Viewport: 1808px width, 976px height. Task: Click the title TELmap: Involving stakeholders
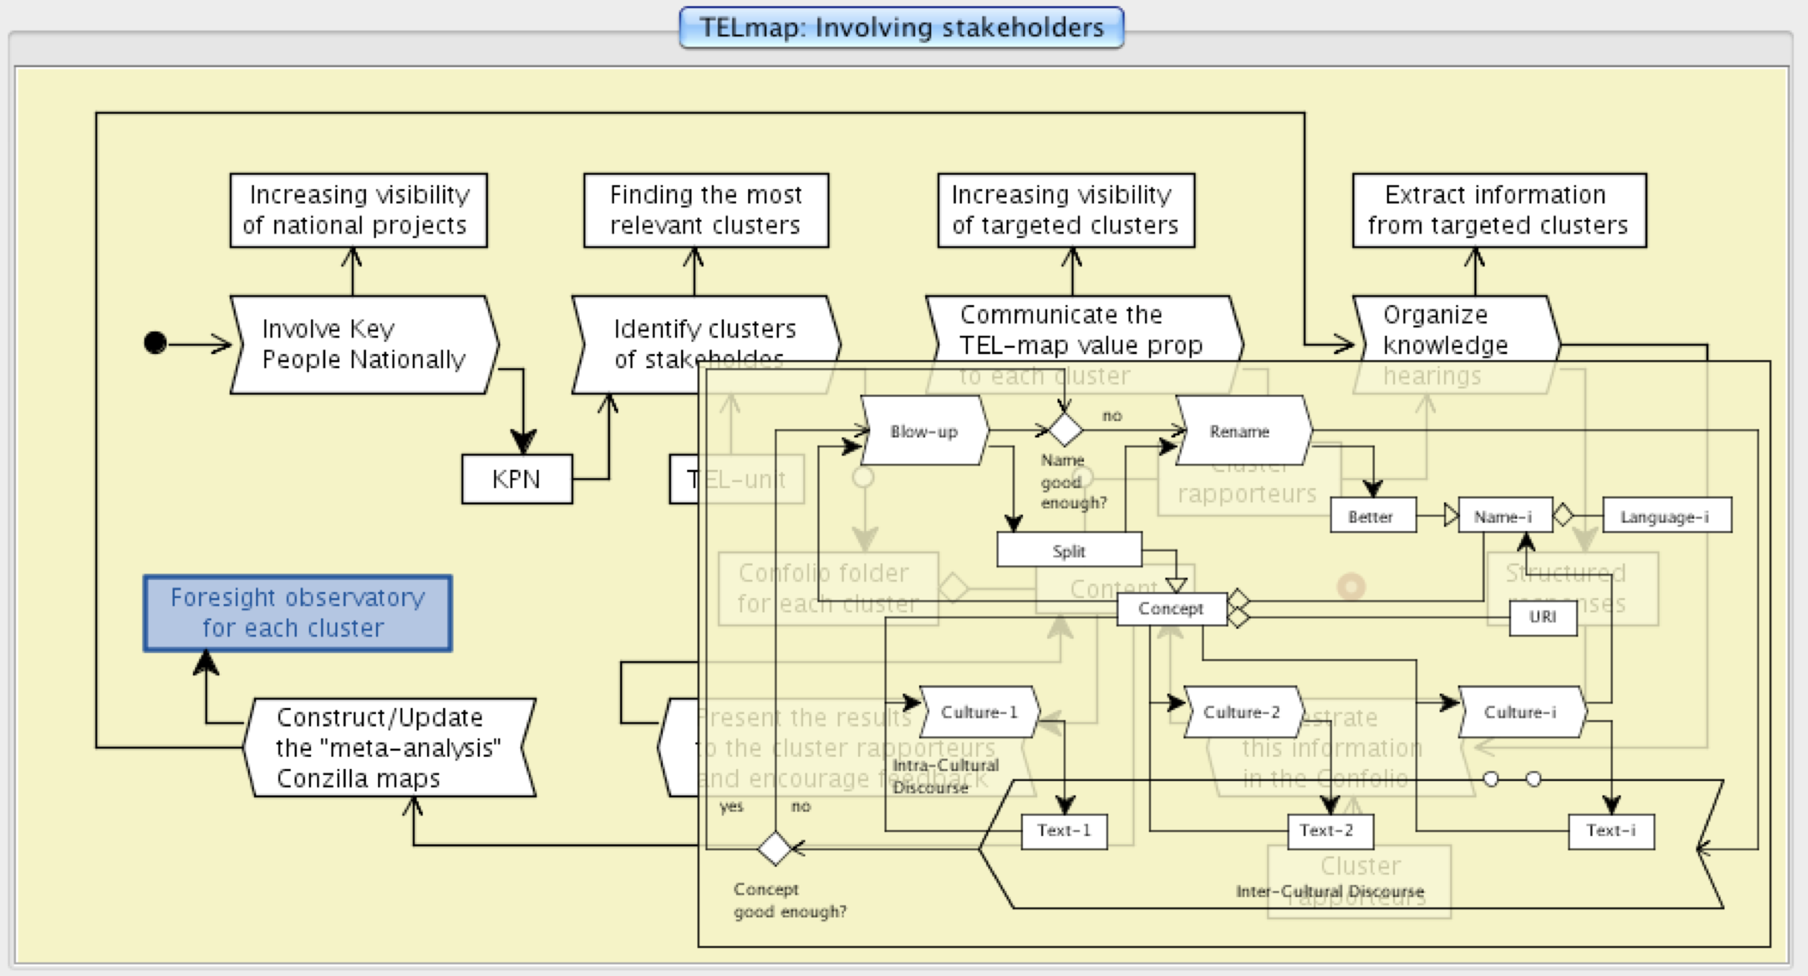[x=901, y=28]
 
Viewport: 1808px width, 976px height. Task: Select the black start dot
[x=155, y=343]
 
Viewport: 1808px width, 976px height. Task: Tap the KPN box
[x=517, y=479]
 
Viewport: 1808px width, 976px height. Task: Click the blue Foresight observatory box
[x=298, y=613]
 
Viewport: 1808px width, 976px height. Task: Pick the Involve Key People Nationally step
[x=364, y=344]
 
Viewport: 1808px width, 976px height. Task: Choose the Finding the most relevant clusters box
[x=706, y=210]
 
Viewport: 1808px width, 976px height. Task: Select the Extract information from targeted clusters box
[x=1498, y=210]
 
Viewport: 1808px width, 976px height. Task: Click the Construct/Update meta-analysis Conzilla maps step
[x=389, y=748]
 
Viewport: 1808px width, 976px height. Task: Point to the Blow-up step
[x=924, y=432]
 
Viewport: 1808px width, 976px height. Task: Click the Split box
[x=1069, y=551]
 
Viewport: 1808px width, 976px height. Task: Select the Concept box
[x=1171, y=608]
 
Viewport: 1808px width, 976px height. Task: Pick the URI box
[x=1543, y=618]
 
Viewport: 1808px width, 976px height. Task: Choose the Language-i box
[x=1666, y=517]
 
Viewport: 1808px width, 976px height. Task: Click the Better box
[x=1372, y=517]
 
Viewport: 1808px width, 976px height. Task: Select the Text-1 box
[x=1064, y=831]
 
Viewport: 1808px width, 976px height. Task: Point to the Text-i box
[x=1611, y=831]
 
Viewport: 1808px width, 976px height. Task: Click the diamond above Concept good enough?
[x=774, y=849]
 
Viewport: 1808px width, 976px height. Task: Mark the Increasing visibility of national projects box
[x=359, y=210]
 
